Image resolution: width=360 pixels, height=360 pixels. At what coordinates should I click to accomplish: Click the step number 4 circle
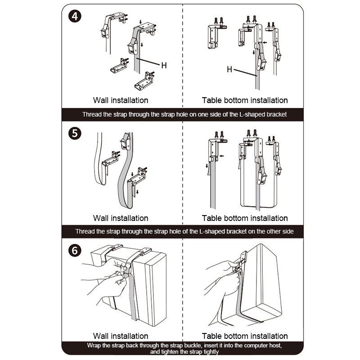tap(75, 16)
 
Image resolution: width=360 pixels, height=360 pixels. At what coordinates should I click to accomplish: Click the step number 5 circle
tap(75, 133)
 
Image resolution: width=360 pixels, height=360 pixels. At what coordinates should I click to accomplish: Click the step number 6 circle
tap(75, 251)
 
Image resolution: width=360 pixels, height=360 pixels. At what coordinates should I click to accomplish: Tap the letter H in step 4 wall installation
tap(164, 65)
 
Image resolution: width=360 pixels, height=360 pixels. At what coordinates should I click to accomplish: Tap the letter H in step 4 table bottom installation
tap(229, 69)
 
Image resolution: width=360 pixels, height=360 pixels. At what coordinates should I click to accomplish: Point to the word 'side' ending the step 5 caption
tap(288, 231)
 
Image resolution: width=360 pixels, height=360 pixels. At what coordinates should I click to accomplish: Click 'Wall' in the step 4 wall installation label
tap(101, 100)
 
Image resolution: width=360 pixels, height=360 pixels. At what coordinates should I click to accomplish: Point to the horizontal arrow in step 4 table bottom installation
tap(265, 42)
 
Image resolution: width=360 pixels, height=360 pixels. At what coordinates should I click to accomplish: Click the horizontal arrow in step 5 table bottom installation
tap(221, 156)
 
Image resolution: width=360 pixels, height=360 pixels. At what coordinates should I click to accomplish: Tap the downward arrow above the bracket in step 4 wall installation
tap(140, 22)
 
